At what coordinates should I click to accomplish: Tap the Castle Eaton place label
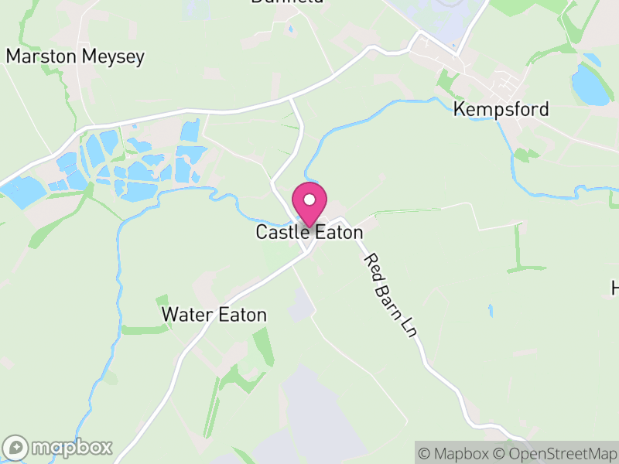point(309,232)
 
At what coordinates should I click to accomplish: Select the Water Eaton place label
point(214,315)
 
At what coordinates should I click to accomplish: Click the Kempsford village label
point(501,109)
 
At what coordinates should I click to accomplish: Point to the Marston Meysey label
point(75,56)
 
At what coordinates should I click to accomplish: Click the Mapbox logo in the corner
point(58,447)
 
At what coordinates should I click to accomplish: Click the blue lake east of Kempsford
point(590,85)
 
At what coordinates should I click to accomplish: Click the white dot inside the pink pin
point(309,200)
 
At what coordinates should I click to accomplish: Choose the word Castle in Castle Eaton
point(281,232)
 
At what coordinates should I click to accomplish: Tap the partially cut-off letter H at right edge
point(615,288)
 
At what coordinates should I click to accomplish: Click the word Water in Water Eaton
point(186,315)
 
